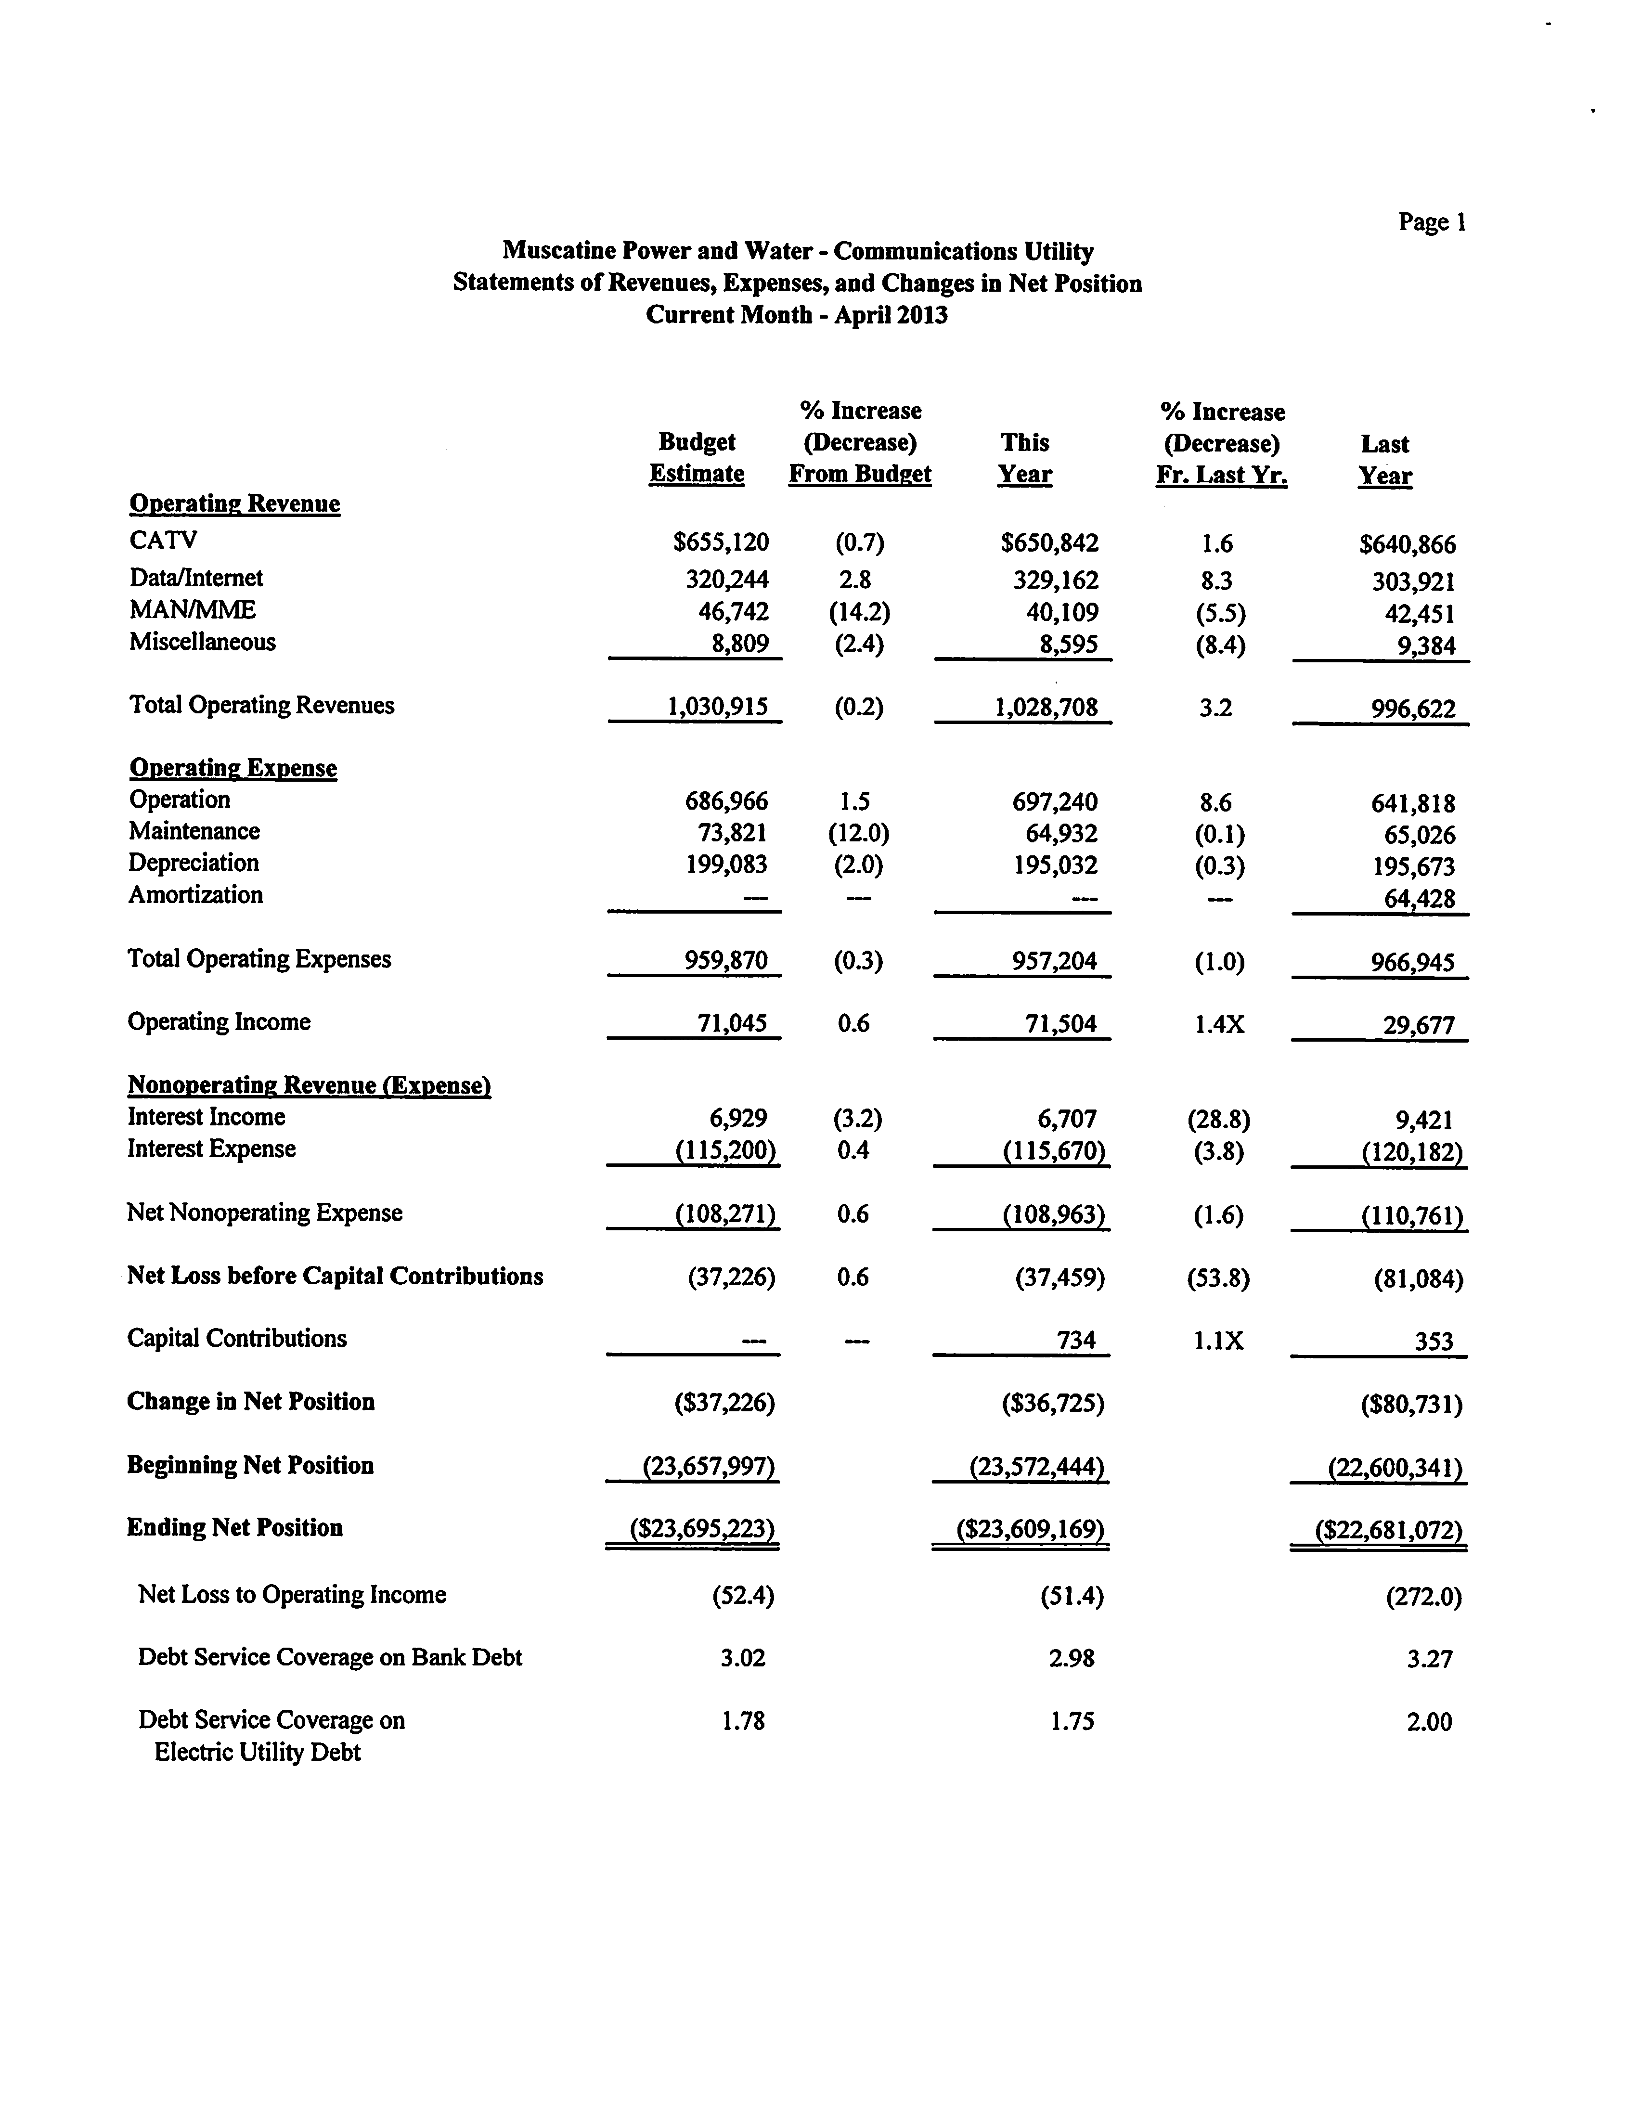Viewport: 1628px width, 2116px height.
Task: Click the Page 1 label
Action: (1431, 223)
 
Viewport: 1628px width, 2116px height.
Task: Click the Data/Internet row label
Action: (196, 579)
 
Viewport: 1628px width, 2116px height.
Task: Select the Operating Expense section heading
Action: (233, 768)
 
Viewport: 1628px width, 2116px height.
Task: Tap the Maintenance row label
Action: (194, 831)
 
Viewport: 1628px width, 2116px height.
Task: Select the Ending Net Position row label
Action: (234, 1528)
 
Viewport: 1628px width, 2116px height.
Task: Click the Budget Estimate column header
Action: (697, 458)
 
